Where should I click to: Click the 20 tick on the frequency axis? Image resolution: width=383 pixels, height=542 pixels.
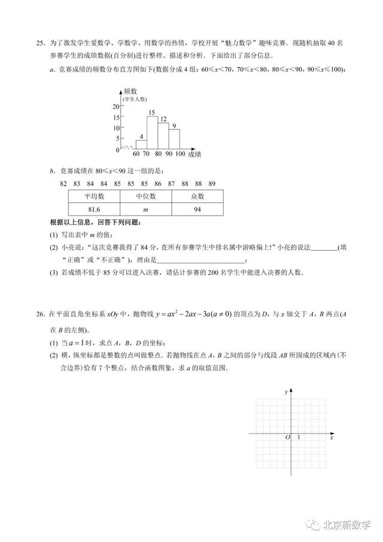(116, 107)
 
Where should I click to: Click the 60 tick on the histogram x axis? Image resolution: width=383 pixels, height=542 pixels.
(136, 155)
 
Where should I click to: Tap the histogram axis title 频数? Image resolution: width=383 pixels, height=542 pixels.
(131, 91)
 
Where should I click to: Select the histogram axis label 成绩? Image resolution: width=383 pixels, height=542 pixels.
(194, 155)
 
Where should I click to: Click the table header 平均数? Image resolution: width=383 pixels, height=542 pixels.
(94, 196)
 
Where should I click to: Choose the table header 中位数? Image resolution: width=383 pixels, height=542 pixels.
(145, 196)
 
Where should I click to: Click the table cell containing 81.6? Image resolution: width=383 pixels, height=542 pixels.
(94, 209)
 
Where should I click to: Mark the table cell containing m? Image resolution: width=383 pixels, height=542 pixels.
(145, 209)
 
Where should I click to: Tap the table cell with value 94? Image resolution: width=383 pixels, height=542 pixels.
(197, 209)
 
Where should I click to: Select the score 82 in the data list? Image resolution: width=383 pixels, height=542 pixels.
(63, 183)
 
